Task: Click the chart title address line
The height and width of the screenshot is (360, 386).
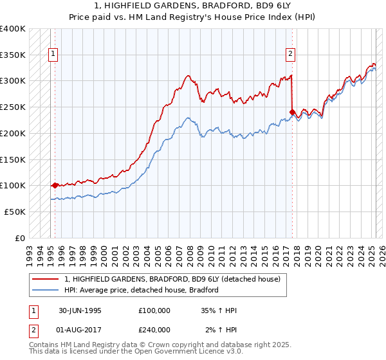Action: tap(193, 6)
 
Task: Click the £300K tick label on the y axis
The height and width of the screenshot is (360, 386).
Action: tap(13, 81)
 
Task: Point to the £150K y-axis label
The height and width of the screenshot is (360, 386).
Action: tap(13, 159)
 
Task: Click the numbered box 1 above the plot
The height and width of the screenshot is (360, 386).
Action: tap(52, 54)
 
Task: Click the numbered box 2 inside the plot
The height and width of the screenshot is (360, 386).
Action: tap(291, 54)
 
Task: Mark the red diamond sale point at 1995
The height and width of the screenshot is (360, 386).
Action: tap(55, 185)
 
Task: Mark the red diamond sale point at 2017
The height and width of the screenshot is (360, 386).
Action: tap(292, 112)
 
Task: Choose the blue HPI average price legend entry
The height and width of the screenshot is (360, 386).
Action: tap(142, 290)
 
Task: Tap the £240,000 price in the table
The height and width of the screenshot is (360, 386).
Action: tap(154, 330)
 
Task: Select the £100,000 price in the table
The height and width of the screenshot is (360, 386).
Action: tap(154, 310)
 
